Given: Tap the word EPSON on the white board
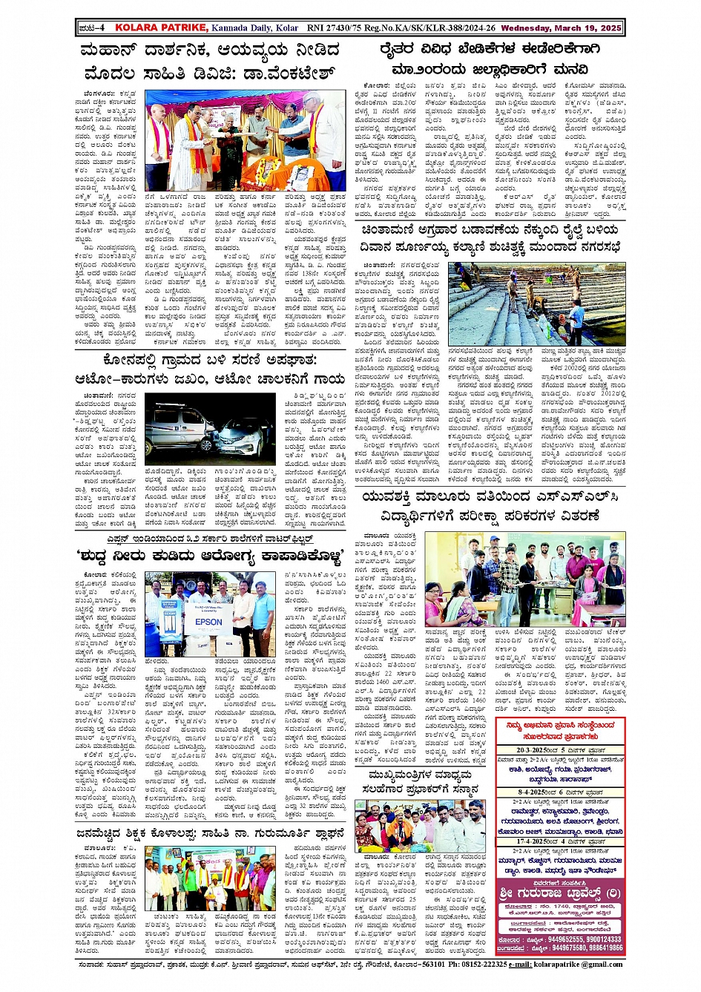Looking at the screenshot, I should pyautogui.click(x=208, y=622).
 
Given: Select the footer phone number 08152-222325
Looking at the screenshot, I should pyautogui.click(x=477, y=964).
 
